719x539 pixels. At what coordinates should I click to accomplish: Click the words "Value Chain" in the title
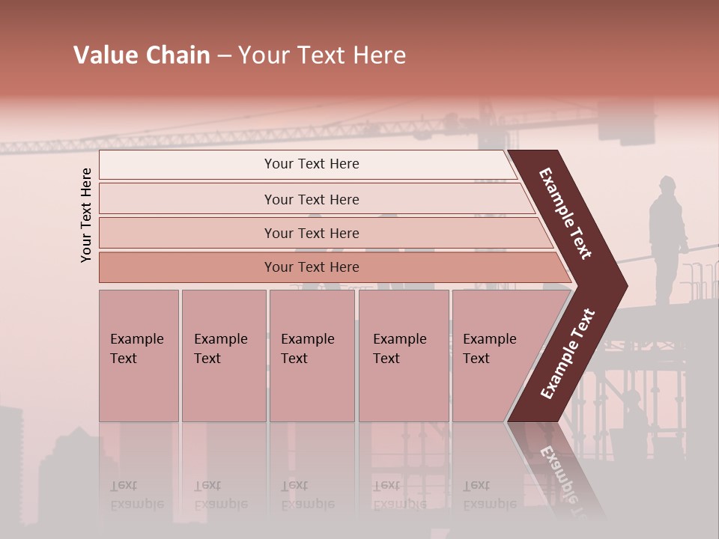point(142,55)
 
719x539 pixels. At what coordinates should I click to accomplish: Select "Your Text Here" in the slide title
point(322,55)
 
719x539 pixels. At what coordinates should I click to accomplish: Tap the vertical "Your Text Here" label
point(86,215)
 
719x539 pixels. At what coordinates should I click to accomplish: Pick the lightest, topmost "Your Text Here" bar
point(312,164)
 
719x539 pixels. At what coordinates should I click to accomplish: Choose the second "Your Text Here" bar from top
point(312,199)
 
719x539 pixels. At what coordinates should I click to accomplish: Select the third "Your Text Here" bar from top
point(312,233)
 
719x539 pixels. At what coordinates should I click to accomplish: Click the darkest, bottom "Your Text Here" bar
point(312,267)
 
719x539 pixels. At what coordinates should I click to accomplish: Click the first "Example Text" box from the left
point(139,355)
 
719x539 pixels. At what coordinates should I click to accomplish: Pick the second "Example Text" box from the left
point(223,355)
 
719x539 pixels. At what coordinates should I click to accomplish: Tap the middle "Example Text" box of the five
point(312,355)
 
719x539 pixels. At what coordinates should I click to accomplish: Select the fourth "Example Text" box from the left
point(403,355)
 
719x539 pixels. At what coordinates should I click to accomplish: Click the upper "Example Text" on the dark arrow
point(566,213)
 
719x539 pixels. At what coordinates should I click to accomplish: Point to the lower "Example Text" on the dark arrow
point(568,353)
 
